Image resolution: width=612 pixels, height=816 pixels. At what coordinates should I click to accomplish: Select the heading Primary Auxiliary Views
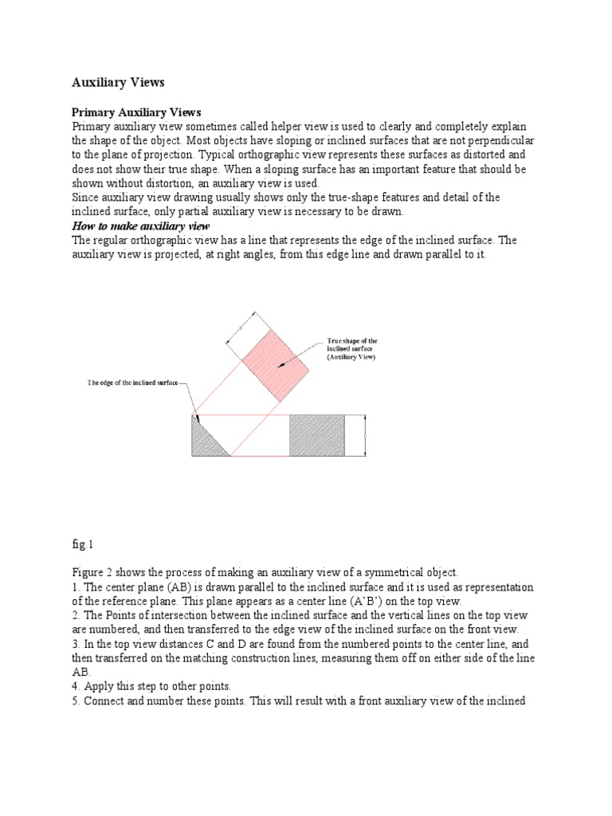click(x=136, y=112)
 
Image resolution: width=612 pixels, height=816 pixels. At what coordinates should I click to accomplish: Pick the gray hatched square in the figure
click(x=316, y=435)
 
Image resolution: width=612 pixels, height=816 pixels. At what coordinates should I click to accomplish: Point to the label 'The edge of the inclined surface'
click(x=133, y=383)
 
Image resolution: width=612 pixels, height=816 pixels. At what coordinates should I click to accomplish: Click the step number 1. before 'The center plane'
click(x=76, y=588)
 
